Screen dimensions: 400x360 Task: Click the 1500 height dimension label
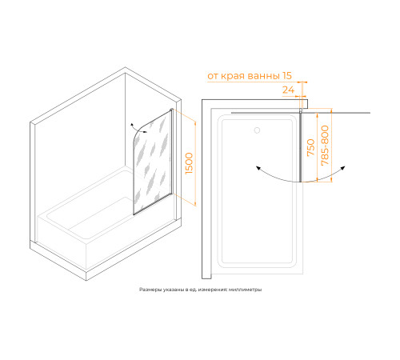pyautogui.click(x=189, y=163)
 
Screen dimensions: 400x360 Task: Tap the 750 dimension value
pyautogui.click(x=311, y=147)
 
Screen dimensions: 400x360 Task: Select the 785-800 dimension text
pyautogui.click(x=325, y=146)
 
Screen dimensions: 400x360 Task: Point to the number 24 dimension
pyautogui.click(x=288, y=90)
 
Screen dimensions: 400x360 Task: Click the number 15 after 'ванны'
pyautogui.click(x=287, y=76)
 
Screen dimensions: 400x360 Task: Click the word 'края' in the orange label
pyautogui.click(x=233, y=76)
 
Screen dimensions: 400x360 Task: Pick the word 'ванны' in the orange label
pyautogui.click(x=264, y=76)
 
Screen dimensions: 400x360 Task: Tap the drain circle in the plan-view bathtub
pyautogui.click(x=257, y=130)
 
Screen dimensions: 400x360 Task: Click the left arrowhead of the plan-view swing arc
pyautogui.click(x=258, y=168)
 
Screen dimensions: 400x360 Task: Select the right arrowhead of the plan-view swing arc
pyautogui.click(x=343, y=168)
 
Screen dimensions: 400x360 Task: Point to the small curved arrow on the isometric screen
pyautogui.click(x=138, y=129)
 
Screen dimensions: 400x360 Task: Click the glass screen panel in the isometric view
pyautogui.click(x=153, y=162)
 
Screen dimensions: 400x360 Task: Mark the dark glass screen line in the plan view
pyautogui.click(x=300, y=147)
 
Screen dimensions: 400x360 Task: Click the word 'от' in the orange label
pyautogui.click(x=213, y=76)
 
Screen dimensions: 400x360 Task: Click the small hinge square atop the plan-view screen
pyautogui.click(x=301, y=110)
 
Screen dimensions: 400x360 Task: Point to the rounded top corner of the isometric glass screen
pyautogui.click(x=138, y=134)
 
